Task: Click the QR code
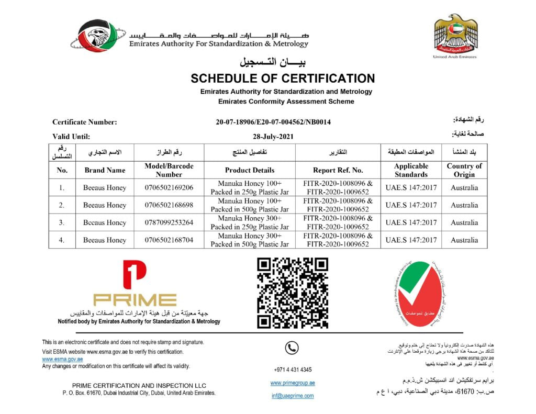(292, 293)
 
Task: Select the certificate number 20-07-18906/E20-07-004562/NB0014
(273, 122)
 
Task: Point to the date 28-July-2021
(273, 136)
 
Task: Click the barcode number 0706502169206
(169, 187)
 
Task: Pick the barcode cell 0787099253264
(169, 222)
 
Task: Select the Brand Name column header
(105, 170)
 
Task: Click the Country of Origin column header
(464, 170)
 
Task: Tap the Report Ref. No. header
(338, 170)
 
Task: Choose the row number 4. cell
(62, 240)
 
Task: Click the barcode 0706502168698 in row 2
(169, 205)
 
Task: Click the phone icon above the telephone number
(292, 348)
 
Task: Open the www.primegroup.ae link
(293, 383)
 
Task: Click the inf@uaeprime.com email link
(293, 396)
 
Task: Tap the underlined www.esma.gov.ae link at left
(62, 359)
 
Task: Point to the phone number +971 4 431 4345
(293, 370)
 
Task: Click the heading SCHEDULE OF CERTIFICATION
(283, 79)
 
